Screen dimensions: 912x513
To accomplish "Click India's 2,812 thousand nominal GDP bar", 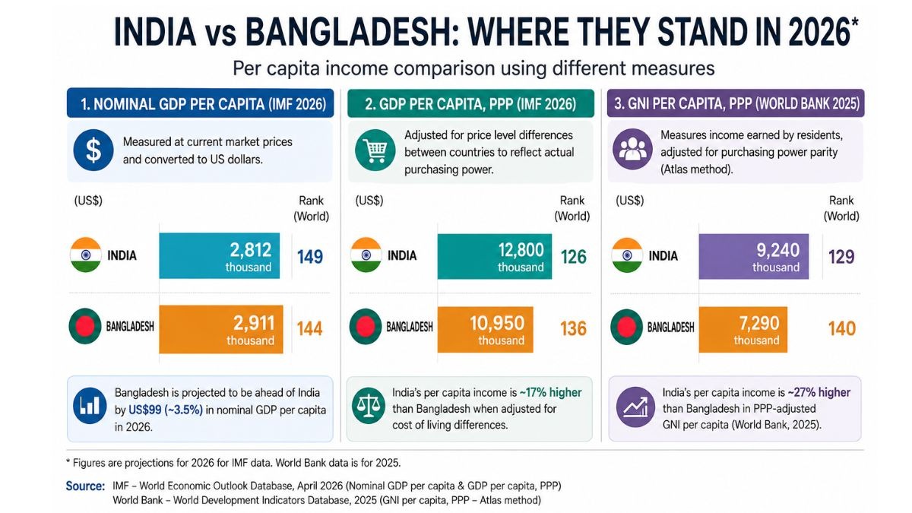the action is coord(220,255).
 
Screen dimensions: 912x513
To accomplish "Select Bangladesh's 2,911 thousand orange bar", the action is coord(221,329).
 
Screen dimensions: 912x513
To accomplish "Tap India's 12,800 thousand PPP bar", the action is coord(495,256).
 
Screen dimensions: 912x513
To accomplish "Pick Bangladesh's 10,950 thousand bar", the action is coord(486,329).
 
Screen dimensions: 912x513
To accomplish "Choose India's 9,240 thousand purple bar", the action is coord(754,256).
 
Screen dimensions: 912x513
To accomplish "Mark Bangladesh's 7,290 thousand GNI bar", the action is coord(743,329).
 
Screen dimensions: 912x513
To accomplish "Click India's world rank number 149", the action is coord(310,257).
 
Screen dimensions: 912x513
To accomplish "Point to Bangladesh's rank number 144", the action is coord(309,329).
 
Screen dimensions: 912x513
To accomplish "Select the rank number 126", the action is coord(574,257).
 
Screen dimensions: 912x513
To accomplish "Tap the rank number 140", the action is coord(842,329).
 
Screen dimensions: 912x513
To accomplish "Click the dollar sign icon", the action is coord(93,150).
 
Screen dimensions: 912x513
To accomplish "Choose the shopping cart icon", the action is coord(375,150).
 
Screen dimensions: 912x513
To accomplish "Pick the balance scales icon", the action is coord(369,406).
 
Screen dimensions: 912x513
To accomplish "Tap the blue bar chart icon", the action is coord(90,406).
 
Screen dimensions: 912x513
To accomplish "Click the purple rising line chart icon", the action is coord(635,407).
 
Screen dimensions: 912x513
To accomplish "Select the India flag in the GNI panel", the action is coord(627,255).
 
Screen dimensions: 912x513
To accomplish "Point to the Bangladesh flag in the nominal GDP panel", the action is coord(85,327).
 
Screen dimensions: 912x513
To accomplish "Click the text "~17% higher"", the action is coord(550,392).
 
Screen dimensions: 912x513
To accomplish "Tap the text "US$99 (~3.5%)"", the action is coord(166,410).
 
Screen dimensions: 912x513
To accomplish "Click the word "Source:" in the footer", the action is coord(85,486).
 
